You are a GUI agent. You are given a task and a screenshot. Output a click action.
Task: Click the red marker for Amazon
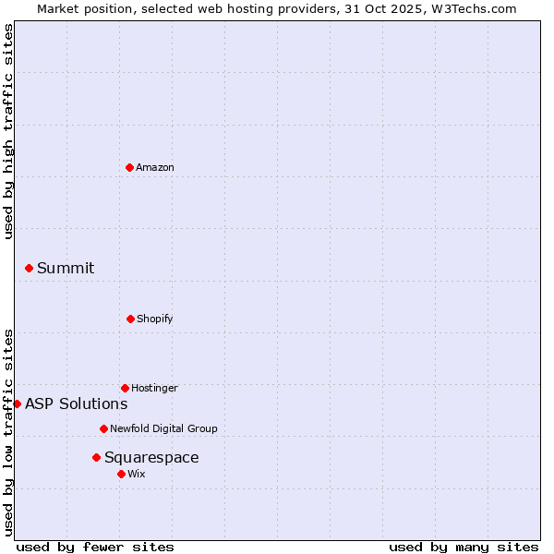point(129,167)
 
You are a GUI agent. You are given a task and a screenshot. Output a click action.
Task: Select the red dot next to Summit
point(29,268)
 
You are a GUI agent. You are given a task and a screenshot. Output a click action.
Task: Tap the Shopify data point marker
point(130,319)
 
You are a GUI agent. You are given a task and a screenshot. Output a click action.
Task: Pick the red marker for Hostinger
point(125,388)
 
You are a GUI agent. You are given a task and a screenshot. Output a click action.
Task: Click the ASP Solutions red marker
point(17,403)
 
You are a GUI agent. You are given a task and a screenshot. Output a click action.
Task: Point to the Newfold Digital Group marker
point(103,428)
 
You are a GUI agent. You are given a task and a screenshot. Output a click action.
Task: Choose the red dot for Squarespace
point(96,457)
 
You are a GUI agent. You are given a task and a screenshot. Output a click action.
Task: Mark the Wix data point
point(121,474)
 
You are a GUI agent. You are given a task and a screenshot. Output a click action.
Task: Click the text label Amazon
point(155,167)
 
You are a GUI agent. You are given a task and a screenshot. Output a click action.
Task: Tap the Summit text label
point(66,268)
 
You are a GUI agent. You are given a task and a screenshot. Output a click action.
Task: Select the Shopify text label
point(155,319)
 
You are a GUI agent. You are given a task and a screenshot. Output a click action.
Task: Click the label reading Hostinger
point(154,388)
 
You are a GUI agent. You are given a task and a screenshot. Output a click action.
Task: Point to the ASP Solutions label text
point(77,403)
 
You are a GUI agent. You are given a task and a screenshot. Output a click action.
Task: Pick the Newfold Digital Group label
point(163,428)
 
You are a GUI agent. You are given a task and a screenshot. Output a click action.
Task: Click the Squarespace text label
point(151,457)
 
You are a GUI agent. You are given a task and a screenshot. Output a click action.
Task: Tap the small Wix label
point(137,474)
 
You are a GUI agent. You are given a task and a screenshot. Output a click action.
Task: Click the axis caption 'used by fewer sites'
point(95,547)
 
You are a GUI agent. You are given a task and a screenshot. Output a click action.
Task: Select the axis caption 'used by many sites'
point(464,547)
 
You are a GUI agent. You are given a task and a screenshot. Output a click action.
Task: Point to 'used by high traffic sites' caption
point(8,131)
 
